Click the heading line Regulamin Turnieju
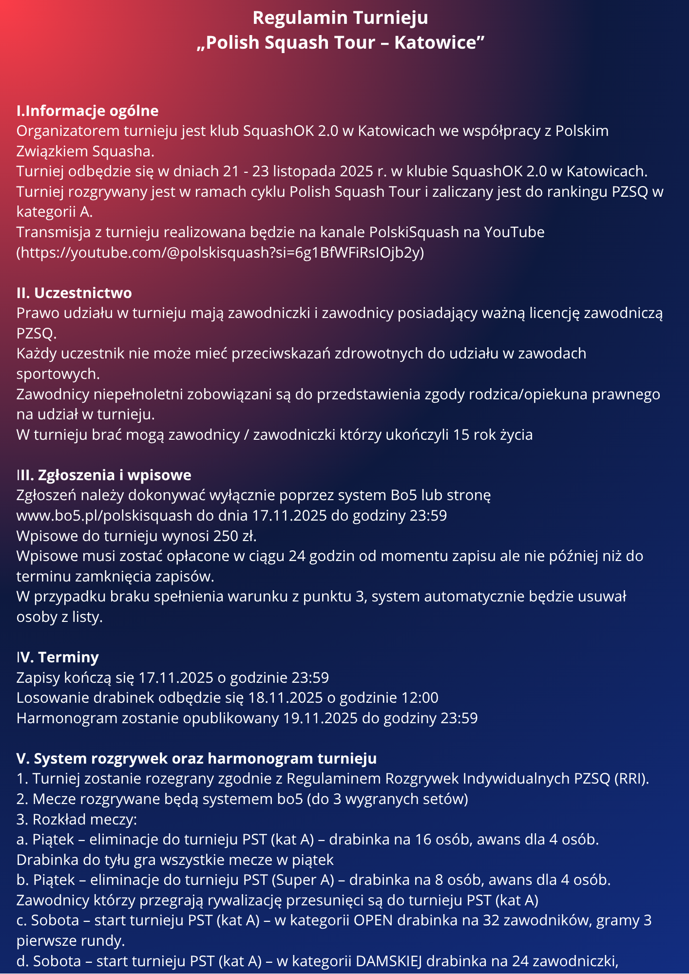340,18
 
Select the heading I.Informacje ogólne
88,111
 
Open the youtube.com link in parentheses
220,253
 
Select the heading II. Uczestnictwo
74,293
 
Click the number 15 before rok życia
461,434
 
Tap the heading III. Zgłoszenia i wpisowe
104,475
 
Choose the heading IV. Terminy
57,657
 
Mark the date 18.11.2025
286,698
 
